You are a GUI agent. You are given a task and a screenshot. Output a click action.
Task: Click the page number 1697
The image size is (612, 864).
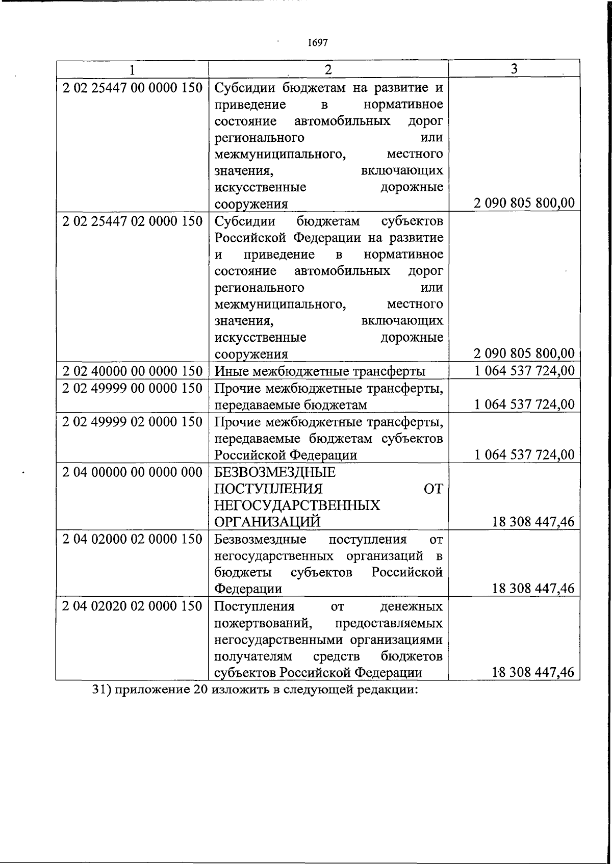point(318,43)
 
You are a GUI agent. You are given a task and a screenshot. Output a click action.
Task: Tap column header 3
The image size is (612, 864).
point(514,68)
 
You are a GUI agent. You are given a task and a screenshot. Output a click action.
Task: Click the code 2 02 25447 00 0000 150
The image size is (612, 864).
point(133,88)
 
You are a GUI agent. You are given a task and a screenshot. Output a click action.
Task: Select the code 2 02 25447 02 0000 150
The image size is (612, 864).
point(133,221)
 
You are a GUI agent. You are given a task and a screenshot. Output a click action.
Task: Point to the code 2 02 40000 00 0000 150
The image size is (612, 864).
point(133,371)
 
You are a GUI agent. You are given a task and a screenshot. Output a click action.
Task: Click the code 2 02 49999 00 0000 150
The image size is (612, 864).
point(133,388)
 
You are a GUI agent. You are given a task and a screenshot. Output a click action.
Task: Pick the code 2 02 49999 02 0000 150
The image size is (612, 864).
point(133,422)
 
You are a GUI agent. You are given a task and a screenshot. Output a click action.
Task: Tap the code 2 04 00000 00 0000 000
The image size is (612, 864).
point(133,472)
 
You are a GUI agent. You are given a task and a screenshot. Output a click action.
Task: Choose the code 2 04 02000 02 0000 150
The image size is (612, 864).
point(133,539)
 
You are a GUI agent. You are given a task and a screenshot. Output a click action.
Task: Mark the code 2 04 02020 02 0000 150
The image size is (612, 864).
point(133,606)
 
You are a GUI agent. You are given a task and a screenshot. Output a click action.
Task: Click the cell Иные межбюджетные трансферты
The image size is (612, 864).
point(320,371)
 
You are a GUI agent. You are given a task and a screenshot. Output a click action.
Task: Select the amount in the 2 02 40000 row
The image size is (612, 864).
point(524,371)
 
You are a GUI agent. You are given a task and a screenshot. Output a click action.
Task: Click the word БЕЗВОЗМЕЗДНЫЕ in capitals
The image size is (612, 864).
point(275,472)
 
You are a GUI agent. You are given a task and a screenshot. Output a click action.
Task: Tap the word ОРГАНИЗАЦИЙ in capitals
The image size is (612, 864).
point(267,522)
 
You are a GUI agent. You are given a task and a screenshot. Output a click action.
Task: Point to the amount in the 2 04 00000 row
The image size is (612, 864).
point(533,522)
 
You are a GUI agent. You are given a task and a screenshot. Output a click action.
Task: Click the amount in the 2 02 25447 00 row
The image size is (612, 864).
point(524,203)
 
